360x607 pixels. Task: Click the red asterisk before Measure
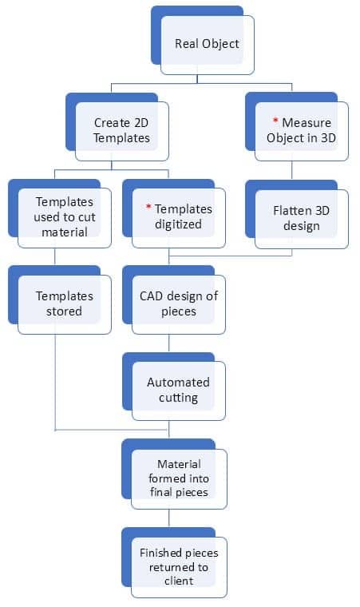point(275,121)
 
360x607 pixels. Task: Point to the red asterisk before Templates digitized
point(148,207)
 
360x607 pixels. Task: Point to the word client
point(179,581)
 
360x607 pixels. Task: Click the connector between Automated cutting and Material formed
point(168,430)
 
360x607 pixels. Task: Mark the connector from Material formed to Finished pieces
point(168,518)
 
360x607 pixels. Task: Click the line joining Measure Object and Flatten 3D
point(292,170)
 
